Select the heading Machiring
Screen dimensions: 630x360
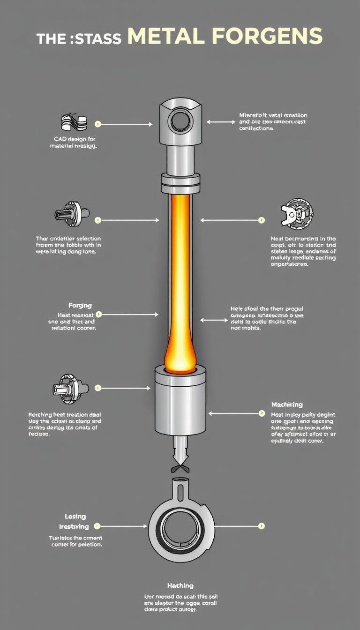tap(287, 405)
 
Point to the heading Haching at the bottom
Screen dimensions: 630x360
tap(180, 585)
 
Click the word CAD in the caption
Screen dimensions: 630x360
tap(60, 139)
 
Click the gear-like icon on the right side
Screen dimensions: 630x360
tap(297, 216)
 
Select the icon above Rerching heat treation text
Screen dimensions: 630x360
tap(71, 387)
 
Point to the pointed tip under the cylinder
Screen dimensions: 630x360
tap(180, 455)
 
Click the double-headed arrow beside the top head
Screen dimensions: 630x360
tap(221, 121)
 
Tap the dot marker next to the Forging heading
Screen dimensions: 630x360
tap(98, 315)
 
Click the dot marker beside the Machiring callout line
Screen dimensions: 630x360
tap(262, 413)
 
